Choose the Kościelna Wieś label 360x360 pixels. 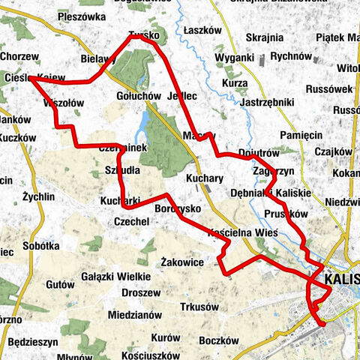(242, 233)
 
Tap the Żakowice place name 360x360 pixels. (183, 262)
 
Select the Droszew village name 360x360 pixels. (139, 292)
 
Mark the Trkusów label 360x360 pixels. (199, 306)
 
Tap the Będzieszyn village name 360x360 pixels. (33, 342)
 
